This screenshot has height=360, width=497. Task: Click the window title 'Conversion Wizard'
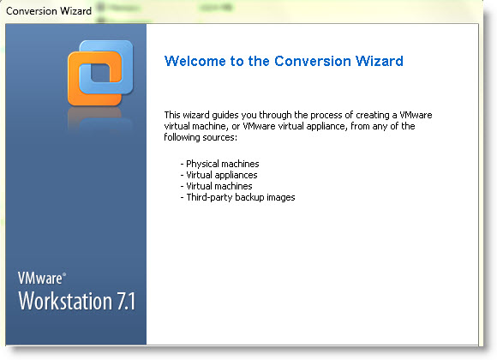coord(49,11)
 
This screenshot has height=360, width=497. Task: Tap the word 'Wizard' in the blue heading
coord(379,61)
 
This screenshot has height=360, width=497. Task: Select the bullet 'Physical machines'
coord(219,164)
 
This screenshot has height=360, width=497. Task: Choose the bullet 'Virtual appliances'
coord(219,175)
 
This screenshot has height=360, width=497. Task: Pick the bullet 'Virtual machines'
coord(216,186)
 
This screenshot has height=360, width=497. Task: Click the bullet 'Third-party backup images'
coord(237,197)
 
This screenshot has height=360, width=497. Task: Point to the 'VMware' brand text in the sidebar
coord(40,279)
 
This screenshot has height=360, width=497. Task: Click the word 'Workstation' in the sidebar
coord(65,301)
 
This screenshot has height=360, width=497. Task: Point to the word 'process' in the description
coord(326,115)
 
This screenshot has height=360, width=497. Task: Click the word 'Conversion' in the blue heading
coord(313,61)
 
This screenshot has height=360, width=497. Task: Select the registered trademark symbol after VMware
coord(64,274)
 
